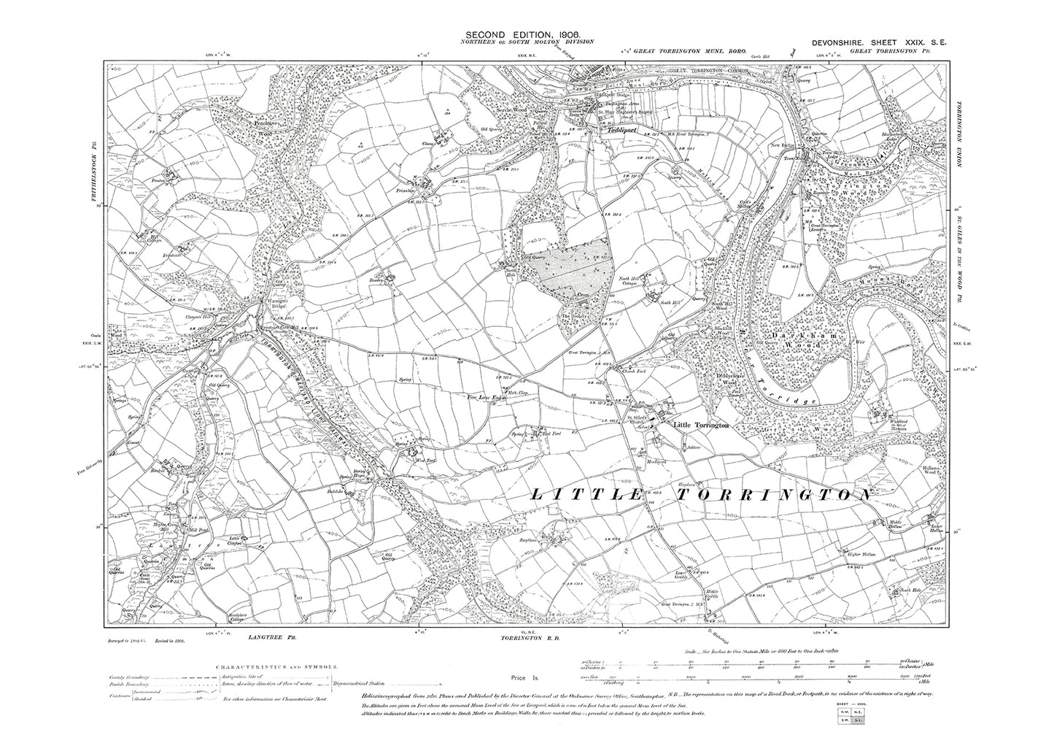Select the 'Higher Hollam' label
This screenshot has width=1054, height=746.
pos(853,555)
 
